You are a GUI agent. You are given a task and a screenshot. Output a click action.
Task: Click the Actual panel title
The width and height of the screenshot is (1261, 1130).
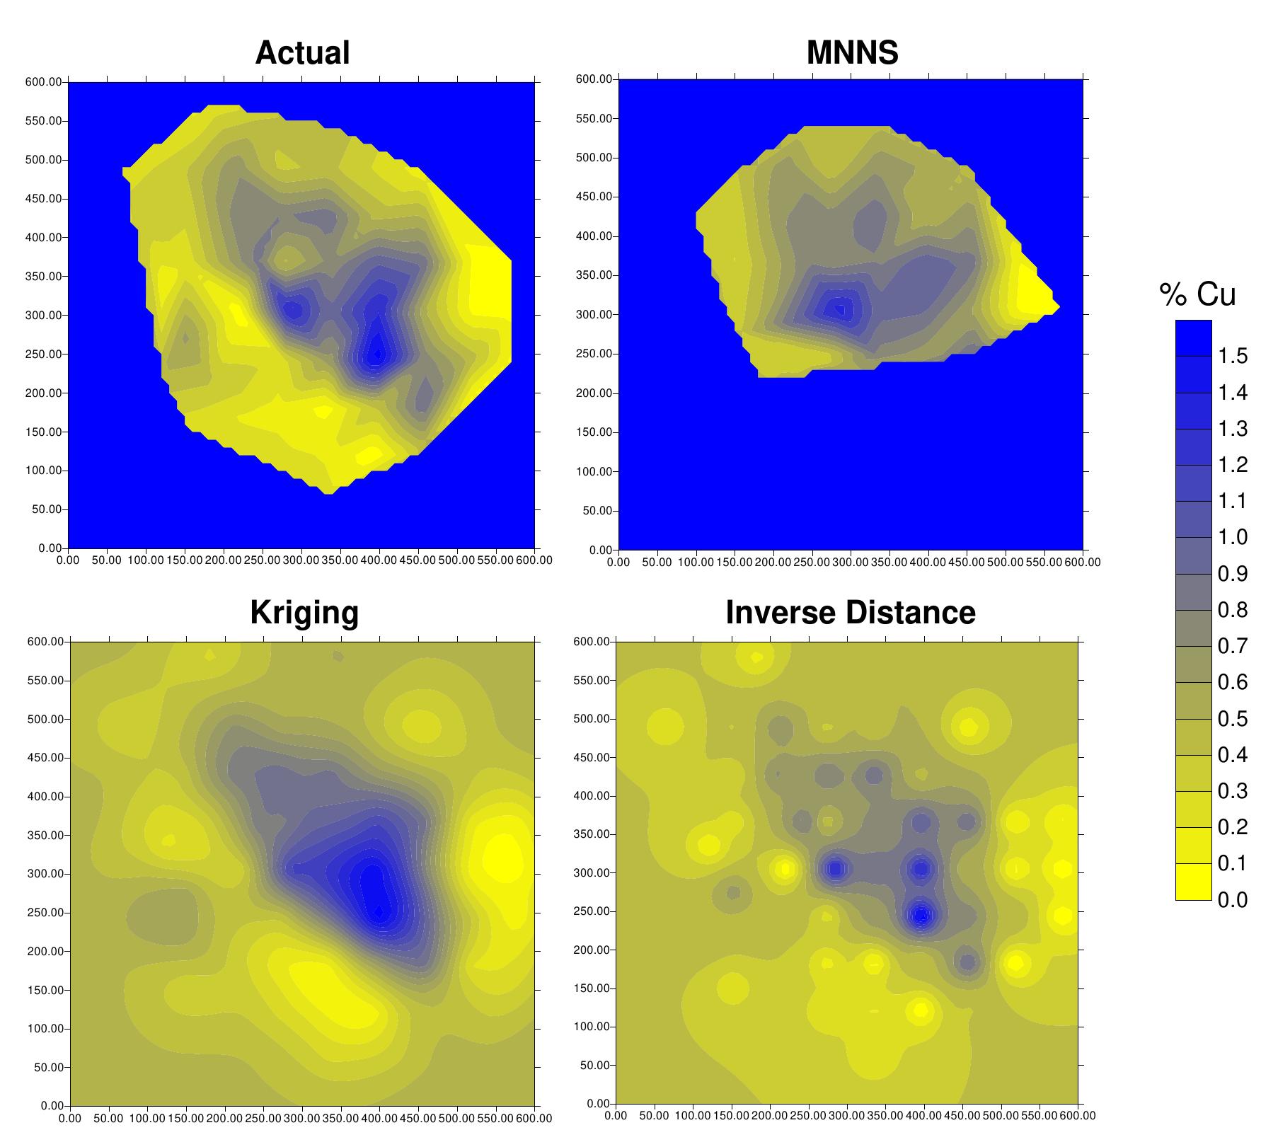(302, 53)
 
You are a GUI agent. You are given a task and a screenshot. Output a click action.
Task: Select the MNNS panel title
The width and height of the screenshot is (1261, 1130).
(852, 53)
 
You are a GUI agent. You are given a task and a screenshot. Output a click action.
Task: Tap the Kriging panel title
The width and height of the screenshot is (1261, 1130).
(304, 613)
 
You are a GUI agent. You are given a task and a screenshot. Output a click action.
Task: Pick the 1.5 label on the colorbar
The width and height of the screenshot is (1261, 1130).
(1232, 356)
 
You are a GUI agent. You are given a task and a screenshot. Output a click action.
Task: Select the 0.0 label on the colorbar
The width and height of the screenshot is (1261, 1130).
(1232, 899)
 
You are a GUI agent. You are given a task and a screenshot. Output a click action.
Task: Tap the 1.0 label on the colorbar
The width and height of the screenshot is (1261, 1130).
(1232, 537)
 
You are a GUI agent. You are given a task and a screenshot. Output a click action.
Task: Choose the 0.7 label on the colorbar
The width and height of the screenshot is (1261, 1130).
(1232, 646)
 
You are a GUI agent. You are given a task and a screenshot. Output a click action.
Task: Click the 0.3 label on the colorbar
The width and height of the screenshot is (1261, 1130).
(1232, 791)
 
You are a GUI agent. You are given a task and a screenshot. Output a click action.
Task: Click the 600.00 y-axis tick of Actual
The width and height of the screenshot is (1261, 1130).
(44, 82)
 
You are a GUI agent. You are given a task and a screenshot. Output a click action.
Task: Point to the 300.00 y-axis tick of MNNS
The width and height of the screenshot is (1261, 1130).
(594, 315)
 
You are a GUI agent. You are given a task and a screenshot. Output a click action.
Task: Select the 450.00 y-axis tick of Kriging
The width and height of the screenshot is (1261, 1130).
(46, 758)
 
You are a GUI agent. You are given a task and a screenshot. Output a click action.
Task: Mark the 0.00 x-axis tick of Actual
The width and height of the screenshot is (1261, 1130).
(68, 560)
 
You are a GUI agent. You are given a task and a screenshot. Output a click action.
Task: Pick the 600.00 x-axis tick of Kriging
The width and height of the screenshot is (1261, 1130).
(534, 1119)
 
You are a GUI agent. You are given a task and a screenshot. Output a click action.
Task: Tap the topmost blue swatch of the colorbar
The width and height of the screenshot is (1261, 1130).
(1193, 338)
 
